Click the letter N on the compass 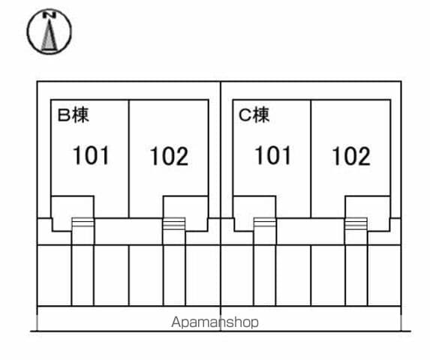click(50, 15)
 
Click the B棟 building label click(74, 115)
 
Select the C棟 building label click(254, 115)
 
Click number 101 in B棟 click(91, 155)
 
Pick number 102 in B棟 click(169, 156)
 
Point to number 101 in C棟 click(273, 155)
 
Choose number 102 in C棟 click(351, 156)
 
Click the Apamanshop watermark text click(215, 322)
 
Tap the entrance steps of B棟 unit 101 click(83, 223)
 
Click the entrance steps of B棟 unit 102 click(174, 223)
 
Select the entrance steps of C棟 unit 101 click(265, 223)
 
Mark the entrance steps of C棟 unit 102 click(356, 223)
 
